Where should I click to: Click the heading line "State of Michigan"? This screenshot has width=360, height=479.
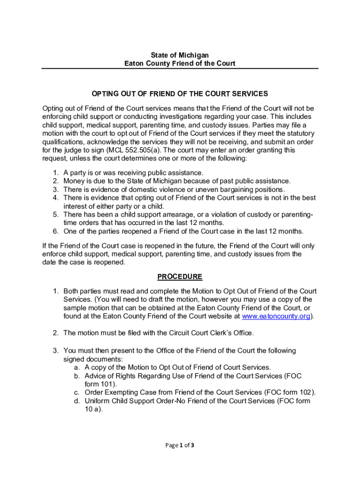point(180,55)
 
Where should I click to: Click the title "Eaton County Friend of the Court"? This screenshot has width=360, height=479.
point(180,63)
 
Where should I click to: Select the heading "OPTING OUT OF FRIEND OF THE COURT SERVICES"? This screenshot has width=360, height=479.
point(180,94)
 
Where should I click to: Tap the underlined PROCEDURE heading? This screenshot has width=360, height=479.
point(180,276)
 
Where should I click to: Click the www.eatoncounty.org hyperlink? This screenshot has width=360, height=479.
point(276,316)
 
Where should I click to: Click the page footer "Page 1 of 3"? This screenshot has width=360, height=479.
point(180,445)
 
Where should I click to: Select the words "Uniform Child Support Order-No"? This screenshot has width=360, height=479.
point(136,401)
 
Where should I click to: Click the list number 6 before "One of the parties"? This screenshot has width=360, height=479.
point(55,231)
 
